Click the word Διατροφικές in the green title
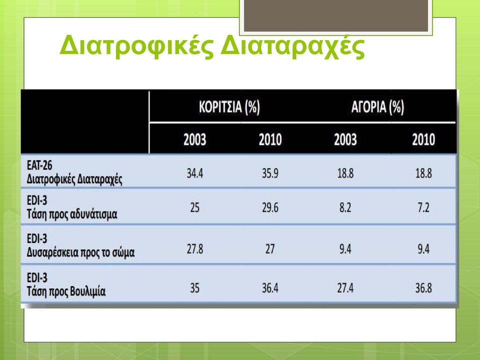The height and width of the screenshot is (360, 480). pos(136,46)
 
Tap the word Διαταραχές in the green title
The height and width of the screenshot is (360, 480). pos(292,46)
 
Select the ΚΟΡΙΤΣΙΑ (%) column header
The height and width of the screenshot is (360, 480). pos(229,107)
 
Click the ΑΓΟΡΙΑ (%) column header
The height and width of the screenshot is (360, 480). pos(377,107)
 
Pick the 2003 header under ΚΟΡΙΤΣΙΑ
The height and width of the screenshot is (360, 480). pos(194,139)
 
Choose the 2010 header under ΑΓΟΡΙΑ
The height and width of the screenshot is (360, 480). pos(423,139)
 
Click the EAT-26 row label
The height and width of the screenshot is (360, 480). pos(39,165)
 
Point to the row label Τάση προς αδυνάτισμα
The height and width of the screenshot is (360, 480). pos(72,214)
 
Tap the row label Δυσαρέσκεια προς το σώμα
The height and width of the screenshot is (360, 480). pos(81,252)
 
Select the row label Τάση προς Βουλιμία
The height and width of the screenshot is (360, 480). pos(66,291)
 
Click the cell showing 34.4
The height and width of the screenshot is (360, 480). pos(194,173)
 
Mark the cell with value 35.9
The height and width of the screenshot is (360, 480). pos(270,173)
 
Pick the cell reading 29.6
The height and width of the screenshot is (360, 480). pos(270,207)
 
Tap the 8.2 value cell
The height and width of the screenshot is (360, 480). pos(345,207)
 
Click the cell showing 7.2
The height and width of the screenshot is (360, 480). pos(423,207)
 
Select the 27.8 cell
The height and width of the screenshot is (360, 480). pos(194,249)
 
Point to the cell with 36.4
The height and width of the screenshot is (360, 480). pos(270,288)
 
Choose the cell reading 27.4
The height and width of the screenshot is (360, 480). pos(345,288)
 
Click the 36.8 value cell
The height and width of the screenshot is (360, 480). pos(423,288)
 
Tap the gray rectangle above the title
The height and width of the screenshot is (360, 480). pos(336,15)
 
